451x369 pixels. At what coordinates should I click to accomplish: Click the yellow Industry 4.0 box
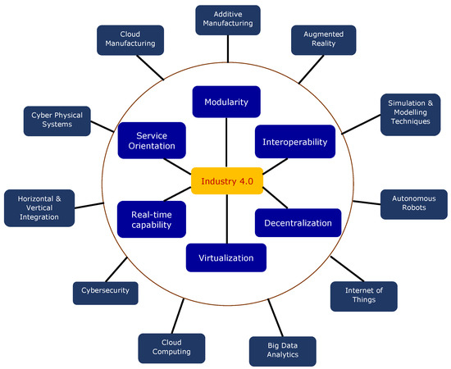226,180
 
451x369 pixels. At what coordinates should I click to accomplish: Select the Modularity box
226,102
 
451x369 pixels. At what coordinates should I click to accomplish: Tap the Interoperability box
295,141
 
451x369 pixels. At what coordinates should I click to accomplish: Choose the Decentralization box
297,222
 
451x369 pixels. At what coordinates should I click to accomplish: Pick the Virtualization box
226,258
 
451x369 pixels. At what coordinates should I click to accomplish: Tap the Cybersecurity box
104,290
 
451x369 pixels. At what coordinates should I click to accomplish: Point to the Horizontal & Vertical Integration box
39,205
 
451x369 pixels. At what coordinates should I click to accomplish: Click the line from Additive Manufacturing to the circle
228,48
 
